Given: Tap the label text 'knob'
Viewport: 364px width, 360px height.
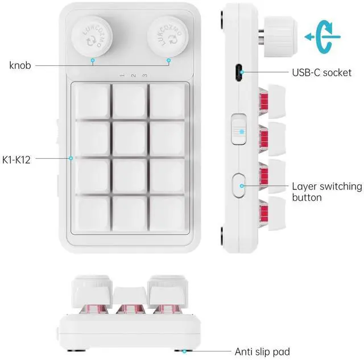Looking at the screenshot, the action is tap(20, 65).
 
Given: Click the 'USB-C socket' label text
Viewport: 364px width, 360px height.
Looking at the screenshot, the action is tap(321, 73).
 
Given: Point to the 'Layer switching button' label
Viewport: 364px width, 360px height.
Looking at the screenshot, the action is tap(326, 192).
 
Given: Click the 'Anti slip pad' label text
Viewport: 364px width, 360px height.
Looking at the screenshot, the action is tap(262, 351).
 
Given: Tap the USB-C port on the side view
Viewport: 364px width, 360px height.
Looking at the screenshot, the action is tap(241, 73).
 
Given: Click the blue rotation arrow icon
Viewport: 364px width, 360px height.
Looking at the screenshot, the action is tap(323, 36).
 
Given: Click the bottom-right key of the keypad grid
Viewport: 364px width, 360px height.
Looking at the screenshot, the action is tap(167, 213).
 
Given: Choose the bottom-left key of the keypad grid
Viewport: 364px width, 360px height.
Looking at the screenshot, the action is tap(91, 213).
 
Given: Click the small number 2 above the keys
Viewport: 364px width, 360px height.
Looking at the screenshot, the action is tap(133, 76).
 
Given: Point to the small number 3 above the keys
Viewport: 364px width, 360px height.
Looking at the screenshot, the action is tap(144, 76).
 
